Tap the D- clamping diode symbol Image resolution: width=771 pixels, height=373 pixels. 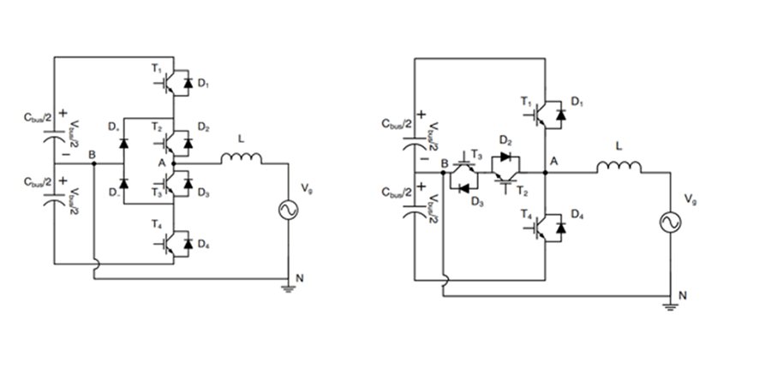tap(123, 182)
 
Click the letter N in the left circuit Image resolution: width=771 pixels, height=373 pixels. tap(299, 279)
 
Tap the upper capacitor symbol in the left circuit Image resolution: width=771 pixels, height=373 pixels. tap(53, 134)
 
